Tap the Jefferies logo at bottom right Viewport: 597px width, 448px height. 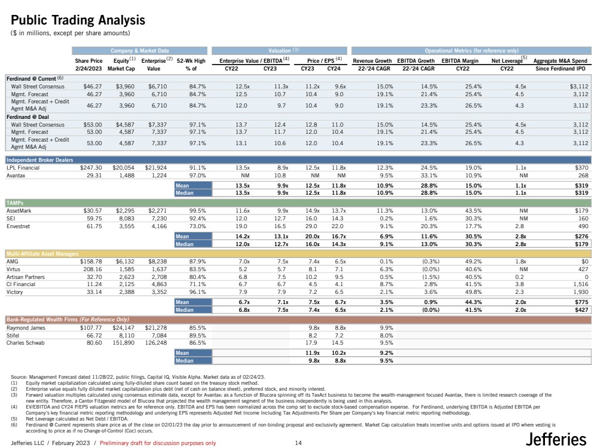(556, 440)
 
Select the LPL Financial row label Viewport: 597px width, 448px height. (23, 168)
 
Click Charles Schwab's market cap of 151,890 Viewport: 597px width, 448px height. (122, 343)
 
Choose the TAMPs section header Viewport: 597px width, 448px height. (16, 203)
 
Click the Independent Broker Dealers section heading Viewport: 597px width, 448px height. (39, 159)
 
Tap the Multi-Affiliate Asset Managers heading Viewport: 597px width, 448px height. (42, 254)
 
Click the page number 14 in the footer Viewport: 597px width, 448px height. (299, 443)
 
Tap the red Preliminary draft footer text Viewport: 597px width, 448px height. (158, 443)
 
